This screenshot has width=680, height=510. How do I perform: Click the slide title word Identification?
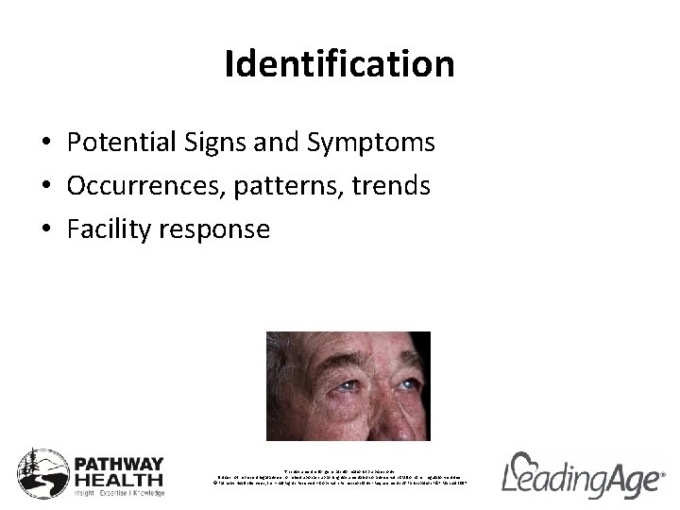coord(340,64)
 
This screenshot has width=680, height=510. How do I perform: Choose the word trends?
coord(392,186)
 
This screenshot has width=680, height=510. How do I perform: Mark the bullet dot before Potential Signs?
coord(46,144)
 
